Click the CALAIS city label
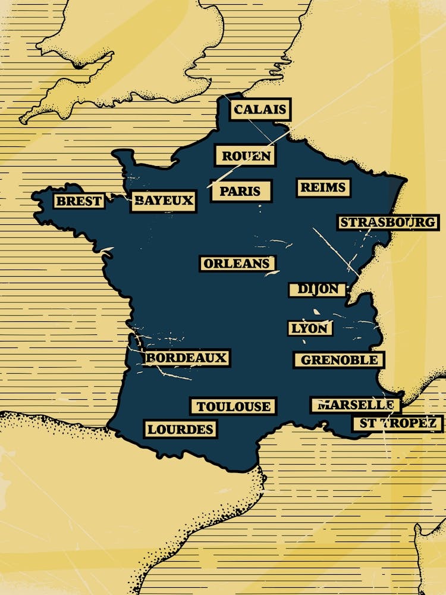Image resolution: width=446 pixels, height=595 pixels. pyautogui.click(x=260, y=109)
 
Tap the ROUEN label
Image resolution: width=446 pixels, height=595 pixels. pyautogui.click(x=246, y=156)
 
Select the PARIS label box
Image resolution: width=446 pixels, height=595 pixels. pyautogui.click(x=241, y=191)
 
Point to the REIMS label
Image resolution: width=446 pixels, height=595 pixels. pyautogui.click(x=323, y=187)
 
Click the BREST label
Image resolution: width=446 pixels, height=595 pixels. pyautogui.click(x=78, y=201)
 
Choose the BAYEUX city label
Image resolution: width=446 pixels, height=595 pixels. pyautogui.click(x=163, y=201)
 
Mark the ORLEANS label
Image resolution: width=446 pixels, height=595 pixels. pyautogui.click(x=237, y=264)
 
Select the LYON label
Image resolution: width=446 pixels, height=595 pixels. pyautogui.click(x=310, y=328)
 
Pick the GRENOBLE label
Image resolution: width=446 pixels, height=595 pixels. pyautogui.click(x=339, y=360)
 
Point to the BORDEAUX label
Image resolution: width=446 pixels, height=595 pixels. pyautogui.click(x=186, y=358)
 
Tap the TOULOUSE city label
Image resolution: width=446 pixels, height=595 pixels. pyautogui.click(x=233, y=406)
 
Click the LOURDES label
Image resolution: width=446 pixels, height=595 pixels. pyautogui.click(x=180, y=429)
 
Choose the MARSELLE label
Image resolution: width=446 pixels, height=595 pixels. pyautogui.click(x=355, y=405)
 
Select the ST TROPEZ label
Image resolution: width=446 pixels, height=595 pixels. pyautogui.click(x=397, y=424)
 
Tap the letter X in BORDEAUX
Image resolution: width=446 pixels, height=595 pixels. pyautogui.click(x=221, y=358)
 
